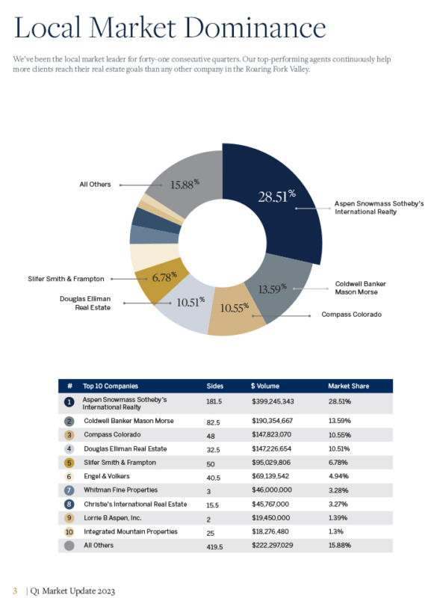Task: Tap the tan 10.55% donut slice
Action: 236,311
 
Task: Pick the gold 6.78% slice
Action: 163,277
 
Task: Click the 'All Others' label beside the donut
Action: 96,184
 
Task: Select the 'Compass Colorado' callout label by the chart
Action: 351,315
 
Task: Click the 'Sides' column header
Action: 214,386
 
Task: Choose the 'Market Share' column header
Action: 349,386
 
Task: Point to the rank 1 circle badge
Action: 69,402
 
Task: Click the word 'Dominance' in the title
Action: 258,28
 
